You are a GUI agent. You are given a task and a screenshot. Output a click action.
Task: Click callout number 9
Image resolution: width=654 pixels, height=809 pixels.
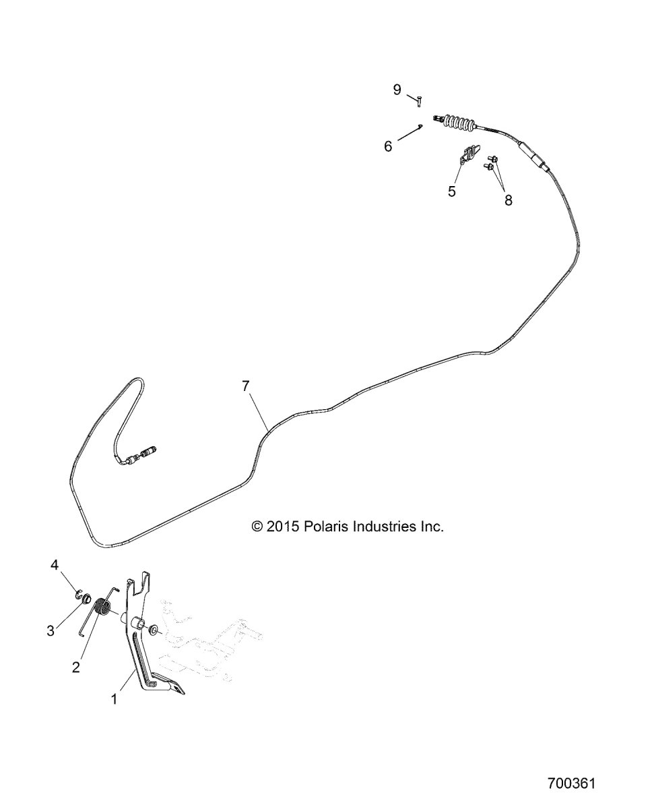coord(397,90)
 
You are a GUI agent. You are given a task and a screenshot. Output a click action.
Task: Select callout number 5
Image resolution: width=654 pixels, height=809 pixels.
coord(452,191)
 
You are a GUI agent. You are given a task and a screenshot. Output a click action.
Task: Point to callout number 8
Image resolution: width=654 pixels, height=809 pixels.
coord(508,200)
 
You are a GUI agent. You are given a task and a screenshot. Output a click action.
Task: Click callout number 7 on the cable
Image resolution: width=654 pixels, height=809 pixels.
coord(246,386)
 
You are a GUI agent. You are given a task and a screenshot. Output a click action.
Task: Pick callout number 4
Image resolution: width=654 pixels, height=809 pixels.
coord(55,564)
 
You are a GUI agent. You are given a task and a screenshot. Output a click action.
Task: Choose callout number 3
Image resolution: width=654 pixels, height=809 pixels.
coord(51,630)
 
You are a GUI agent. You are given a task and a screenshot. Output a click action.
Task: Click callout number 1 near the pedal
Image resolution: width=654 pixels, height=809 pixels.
coord(115,699)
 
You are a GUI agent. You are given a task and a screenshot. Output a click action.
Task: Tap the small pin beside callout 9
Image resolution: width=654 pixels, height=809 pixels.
coord(418,102)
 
